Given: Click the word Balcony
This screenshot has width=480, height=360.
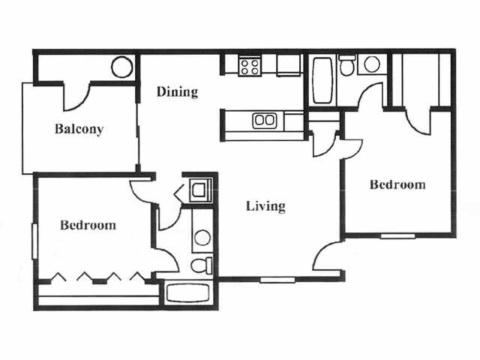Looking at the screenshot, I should tap(79, 129).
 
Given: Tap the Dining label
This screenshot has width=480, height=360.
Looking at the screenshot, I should tap(177, 92).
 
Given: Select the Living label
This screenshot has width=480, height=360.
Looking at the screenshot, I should tap(265, 205).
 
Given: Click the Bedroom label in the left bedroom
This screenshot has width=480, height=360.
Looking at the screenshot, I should tap(88, 224).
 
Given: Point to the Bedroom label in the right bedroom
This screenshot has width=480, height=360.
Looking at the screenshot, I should tap(398, 184).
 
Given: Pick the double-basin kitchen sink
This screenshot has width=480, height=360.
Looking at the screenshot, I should tap(263, 119).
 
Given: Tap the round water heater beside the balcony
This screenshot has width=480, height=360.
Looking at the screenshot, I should tap(121, 68).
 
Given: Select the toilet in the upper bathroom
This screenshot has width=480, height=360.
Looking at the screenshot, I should tap(346, 67).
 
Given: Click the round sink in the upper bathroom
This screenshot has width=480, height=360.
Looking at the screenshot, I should tap(371, 65).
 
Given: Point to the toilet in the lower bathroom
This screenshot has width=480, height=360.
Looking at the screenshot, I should tap(201, 265).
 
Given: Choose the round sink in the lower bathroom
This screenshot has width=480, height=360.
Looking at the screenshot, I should tap(202, 238).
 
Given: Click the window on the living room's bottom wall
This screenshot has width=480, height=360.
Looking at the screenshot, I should tap(277, 280).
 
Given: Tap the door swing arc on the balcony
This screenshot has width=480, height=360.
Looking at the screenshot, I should tap(77, 96).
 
